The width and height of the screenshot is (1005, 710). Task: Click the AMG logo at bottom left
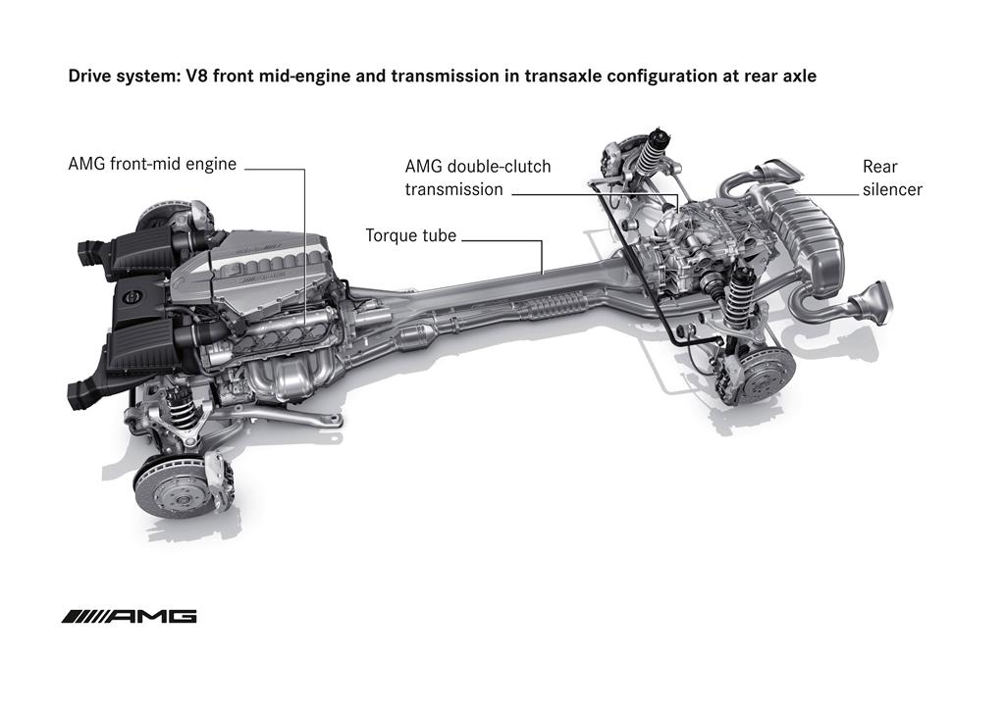pos(129,616)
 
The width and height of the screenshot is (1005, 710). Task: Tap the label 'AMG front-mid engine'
pos(152,164)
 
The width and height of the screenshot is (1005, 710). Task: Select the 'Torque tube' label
pos(410,235)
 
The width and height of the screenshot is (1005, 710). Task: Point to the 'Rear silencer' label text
pos(891,177)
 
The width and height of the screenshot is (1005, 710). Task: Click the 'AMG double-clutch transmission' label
pos(477,177)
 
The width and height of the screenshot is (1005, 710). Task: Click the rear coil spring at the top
pos(648,156)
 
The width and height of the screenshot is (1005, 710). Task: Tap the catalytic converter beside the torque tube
pos(413,342)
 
